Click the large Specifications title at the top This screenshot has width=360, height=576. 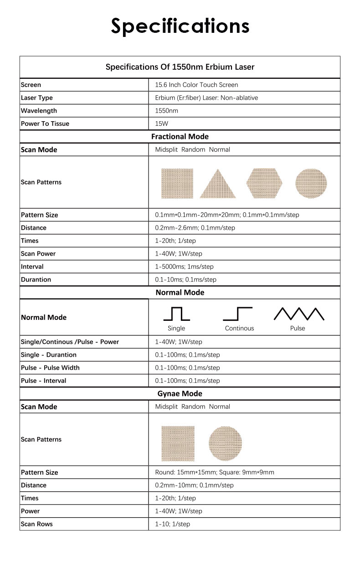click(x=180, y=26)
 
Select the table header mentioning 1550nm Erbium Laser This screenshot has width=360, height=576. click(x=180, y=67)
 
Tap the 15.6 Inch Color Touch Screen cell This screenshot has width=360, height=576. click(x=196, y=85)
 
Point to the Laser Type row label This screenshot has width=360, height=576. click(x=37, y=98)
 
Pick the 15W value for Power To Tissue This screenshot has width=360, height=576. click(x=162, y=123)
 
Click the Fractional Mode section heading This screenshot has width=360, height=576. click(x=180, y=136)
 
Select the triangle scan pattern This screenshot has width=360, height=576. click(x=218, y=184)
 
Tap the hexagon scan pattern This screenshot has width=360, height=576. click(x=264, y=183)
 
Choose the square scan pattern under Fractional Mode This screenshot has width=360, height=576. click(x=177, y=183)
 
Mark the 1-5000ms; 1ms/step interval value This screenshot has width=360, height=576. click(x=184, y=267)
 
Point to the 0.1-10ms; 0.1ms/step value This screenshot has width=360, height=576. click(x=185, y=279)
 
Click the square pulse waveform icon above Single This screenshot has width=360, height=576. click(x=176, y=314)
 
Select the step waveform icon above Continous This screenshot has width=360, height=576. click(x=238, y=314)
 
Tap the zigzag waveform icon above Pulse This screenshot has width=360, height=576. click(x=298, y=314)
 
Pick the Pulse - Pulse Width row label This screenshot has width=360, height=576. click(x=50, y=368)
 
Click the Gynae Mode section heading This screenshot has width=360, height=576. click(x=180, y=393)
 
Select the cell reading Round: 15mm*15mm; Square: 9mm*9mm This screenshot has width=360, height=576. click(x=215, y=472)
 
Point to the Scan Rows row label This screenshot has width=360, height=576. click(x=37, y=524)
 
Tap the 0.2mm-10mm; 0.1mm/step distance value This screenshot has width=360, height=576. click(x=194, y=485)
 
